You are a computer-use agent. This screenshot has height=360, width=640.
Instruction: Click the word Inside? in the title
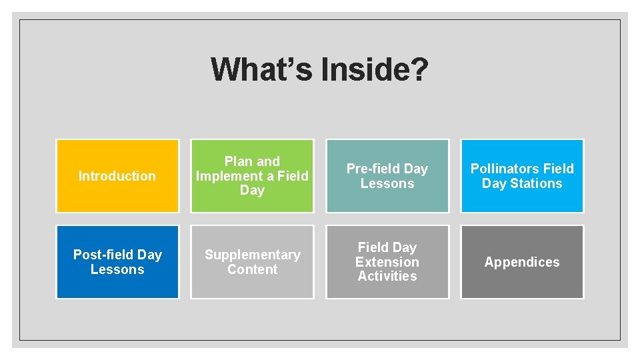[x=374, y=69]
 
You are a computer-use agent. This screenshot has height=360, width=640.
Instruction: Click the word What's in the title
[x=261, y=69]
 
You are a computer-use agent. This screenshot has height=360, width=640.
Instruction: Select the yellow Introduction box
[x=117, y=176]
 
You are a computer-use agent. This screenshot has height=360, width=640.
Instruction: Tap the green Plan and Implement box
[x=252, y=176]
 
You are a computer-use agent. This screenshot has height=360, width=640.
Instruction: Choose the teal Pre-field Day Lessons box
[x=387, y=176]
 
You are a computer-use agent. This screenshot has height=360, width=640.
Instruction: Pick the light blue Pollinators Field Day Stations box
[x=522, y=176]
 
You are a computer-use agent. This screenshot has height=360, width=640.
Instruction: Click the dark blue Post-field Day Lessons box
[x=117, y=262]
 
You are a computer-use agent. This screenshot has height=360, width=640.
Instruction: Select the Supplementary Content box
[x=252, y=262]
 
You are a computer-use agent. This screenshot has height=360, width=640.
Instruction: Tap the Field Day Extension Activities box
[x=387, y=262]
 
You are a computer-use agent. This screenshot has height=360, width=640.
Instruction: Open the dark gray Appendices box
[x=522, y=262]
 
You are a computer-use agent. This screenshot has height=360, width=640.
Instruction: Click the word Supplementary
[x=252, y=255]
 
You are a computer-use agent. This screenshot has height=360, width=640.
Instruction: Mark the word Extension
[x=387, y=262]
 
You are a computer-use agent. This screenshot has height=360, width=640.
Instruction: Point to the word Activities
[x=387, y=276]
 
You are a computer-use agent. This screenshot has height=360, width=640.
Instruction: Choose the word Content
[x=252, y=269]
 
